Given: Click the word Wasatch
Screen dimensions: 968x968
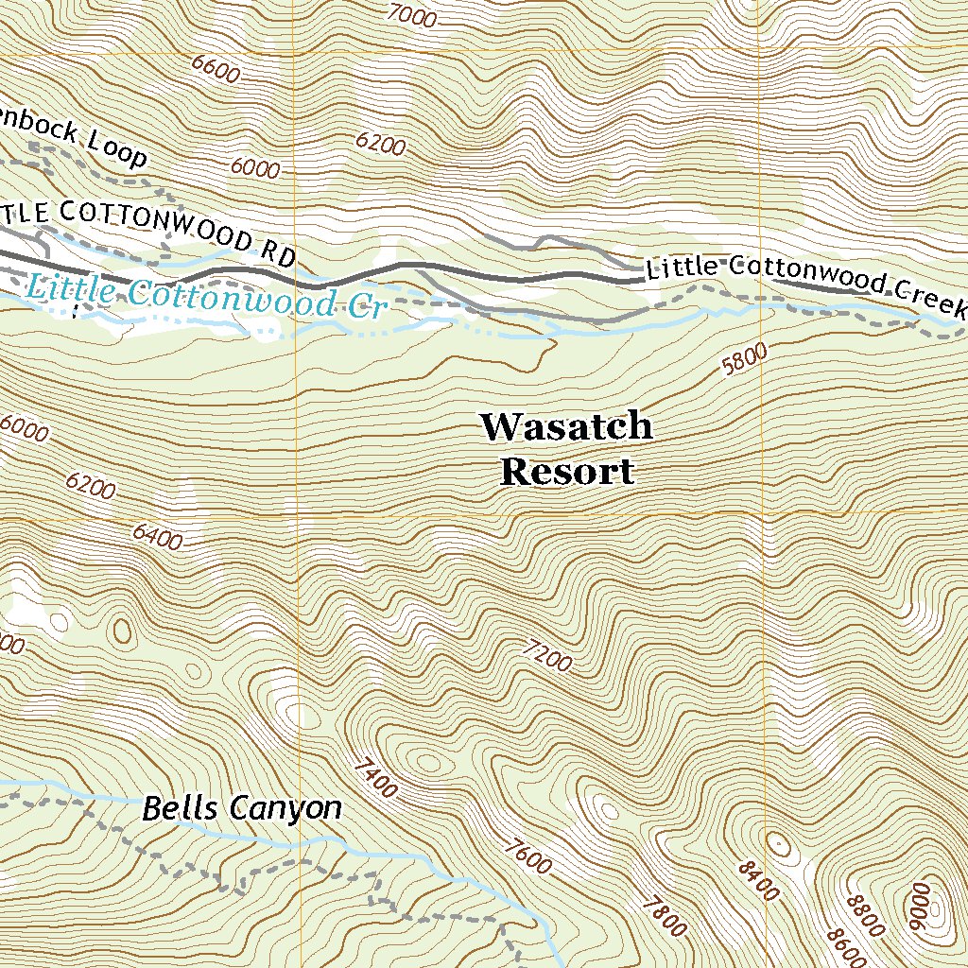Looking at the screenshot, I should tap(565, 426).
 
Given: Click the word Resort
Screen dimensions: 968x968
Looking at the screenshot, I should tap(566, 471).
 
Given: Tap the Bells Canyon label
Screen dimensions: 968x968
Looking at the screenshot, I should tap(241, 809).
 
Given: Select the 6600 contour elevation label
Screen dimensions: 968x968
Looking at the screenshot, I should tap(215, 69).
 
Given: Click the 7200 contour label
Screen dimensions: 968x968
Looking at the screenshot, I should tap(546, 655).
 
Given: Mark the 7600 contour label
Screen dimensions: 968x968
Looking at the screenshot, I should tap(527, 857).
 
